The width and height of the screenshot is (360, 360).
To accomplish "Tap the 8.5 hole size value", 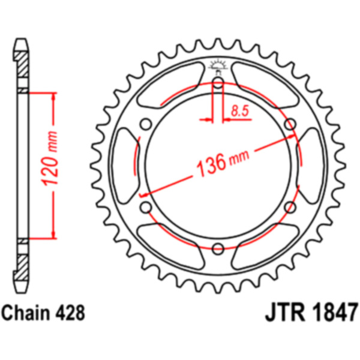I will tap(239, 109).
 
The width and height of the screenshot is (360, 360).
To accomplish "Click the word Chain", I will tap(28, 313).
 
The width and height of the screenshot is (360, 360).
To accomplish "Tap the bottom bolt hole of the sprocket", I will tap(218, 248).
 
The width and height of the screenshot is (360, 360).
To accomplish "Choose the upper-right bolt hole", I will tap(290, 124).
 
